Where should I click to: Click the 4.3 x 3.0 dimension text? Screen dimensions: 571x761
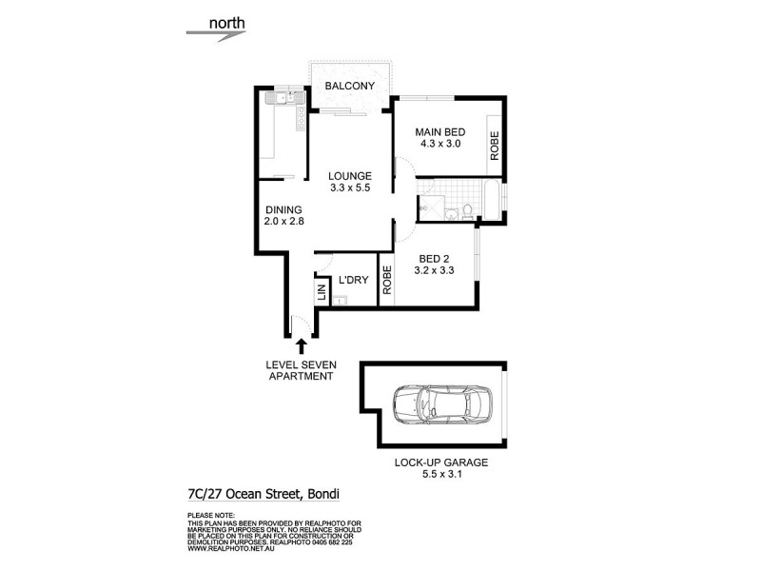point(439,144)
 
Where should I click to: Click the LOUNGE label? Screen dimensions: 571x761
point(349,176)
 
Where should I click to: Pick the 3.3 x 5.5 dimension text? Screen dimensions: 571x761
point(349,189)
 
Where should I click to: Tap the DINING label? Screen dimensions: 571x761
point(283,210)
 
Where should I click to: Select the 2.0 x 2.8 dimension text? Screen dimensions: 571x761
point(283,224)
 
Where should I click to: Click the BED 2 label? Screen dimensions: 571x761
point(433,257)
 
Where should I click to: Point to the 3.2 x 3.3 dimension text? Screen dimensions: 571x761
point(433,270)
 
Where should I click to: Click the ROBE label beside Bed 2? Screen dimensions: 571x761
point(387,281)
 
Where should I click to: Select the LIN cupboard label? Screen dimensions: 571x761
point(322,290)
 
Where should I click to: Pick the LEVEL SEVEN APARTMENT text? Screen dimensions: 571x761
point(300,370)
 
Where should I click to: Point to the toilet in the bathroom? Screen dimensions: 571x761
point(468,210)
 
